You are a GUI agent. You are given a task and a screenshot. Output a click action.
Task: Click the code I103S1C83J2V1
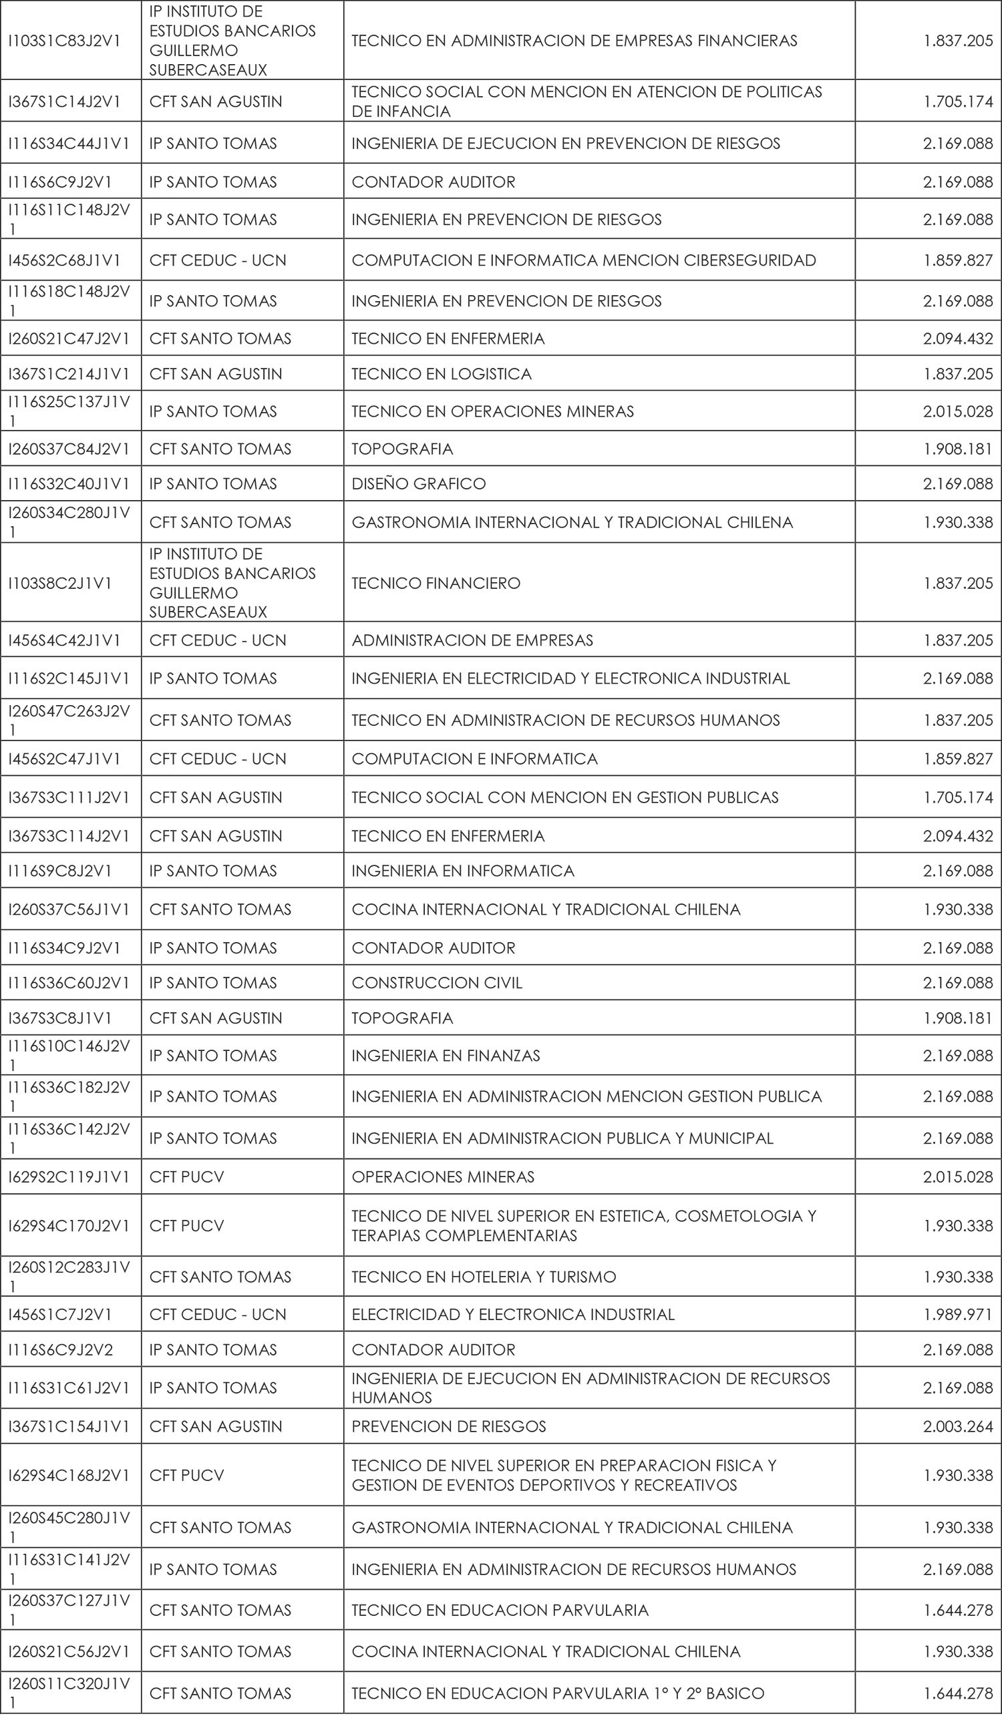tap(64, 41)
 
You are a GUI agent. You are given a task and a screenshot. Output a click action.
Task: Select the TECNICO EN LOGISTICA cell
tap(442, 374)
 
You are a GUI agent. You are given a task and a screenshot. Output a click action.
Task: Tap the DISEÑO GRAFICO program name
tap(418, 484)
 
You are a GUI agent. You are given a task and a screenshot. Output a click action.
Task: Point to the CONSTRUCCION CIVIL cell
tap(437, 983)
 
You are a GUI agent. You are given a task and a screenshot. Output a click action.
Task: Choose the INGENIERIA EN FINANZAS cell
tap(446, 1056)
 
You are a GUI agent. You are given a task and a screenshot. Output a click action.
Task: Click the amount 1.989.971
tap(958, 1314)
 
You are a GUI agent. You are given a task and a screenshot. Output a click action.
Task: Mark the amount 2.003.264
tap(958, 1426)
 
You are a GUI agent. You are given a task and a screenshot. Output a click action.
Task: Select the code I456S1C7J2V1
tap(60, 1314)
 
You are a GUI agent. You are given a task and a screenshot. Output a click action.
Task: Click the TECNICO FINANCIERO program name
tap(436, 583)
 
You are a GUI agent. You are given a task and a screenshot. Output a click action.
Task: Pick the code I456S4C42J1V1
tap(64, 641)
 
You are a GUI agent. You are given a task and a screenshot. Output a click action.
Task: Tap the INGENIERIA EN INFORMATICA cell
tap(462, 871)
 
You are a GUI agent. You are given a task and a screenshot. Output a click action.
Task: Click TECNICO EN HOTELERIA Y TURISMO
tap(484, 1277)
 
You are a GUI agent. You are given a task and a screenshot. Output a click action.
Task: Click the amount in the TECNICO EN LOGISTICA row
tap(958, 374)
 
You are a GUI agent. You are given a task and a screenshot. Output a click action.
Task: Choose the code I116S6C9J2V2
tap(61, 1349)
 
